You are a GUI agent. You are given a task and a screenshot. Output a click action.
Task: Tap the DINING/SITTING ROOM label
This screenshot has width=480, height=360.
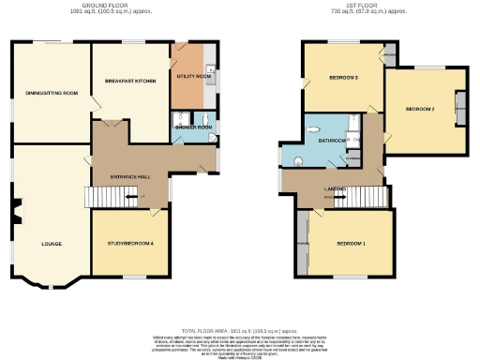pyautogui.click(x=50, y=92)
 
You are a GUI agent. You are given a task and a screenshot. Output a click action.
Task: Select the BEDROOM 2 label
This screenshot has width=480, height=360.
pyautogui.click(x=420, y=110)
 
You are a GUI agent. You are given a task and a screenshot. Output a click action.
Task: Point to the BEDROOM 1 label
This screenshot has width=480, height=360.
pyautogui.click(x=351, y=244)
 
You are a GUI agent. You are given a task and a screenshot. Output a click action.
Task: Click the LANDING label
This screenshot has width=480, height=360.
pyautogui.click(x=335, y=189)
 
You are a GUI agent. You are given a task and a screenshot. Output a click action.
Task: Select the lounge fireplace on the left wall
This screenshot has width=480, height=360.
pyautogui.click(x=14, y=212)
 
